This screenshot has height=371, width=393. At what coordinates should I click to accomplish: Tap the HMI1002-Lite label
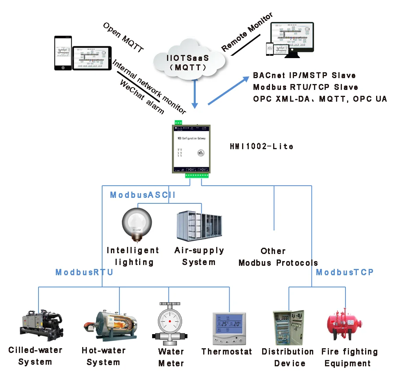(261, 146)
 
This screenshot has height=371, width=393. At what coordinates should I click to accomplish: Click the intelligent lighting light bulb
(136, 224)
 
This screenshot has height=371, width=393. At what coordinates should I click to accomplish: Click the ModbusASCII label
(142, 195)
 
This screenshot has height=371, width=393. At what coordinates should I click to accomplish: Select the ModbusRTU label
(84, 272)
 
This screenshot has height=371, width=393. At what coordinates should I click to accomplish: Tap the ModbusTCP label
(345, 272)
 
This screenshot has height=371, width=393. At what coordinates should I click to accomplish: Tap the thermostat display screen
(229, 324)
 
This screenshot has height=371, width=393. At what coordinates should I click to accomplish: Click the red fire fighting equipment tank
(345, 324)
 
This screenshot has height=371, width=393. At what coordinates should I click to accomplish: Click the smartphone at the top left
(63, 53)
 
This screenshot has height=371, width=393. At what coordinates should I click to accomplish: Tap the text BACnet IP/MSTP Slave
(304, 75)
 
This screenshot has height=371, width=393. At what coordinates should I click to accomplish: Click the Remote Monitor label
(247, 33)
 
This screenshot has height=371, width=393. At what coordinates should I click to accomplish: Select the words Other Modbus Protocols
(278, 257)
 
